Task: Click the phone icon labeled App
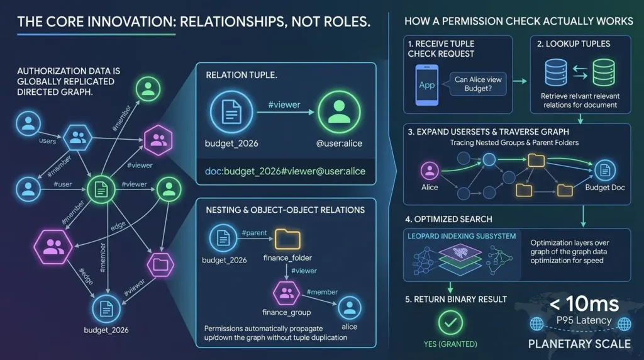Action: [x=427, y=85]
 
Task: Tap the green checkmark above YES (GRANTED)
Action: [x=450, y=323]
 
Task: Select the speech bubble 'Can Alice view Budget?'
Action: [x=478, y=84]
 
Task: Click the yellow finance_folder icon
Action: [x=287, y=239]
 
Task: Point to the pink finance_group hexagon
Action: [x=286, y=293]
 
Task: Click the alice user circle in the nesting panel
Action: [x=350, y=308]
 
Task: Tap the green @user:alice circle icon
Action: [x=339, y=112]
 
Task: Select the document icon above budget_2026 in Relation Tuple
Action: [x=231, y=112]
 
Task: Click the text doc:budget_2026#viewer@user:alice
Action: [x=285, y=171]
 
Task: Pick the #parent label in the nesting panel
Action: [x=254, y=233]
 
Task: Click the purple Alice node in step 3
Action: [x=430, y=171]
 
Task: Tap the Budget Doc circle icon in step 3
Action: [x=604, y=170]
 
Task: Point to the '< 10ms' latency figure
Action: [x=584, y=305]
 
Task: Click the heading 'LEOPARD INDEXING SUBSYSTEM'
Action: [x=462, y=236]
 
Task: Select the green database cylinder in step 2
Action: [x=604, y=73]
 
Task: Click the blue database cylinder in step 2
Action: [x=556, y=73]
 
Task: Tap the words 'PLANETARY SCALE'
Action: [x=579, y=344]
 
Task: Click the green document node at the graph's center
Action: [x=101, y=189]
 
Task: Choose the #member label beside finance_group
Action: [x=322, y=292]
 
